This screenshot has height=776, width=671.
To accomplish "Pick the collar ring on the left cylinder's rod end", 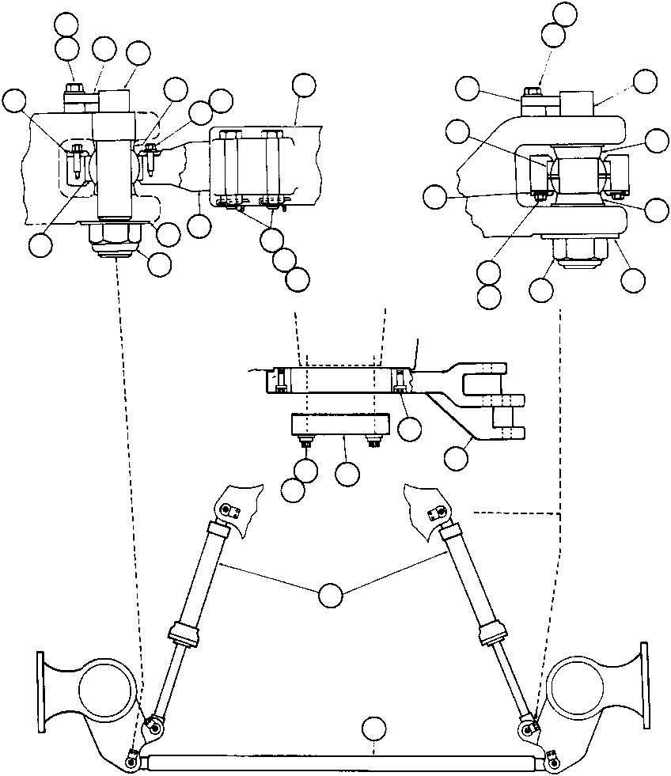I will (182, 634).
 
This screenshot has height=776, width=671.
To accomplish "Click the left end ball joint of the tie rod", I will (131, 762).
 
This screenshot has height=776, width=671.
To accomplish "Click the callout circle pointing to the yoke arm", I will (457, 457).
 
